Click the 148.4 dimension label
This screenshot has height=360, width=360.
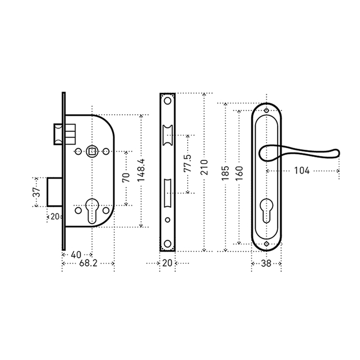(x=141, y=170)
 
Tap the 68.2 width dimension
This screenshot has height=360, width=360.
(x=88, y=263)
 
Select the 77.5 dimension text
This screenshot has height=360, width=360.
(x=188, y=163)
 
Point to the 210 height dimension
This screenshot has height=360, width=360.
(x=204, y=167)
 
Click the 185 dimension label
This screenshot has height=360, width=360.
(x=225, y=173)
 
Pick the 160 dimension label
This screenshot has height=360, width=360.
(x=239, y=173)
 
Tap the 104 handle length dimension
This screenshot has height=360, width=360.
(x=302, y=171)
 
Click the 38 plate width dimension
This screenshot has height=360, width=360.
(x=266, y=263)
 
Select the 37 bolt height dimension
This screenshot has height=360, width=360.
(x=37, y=192)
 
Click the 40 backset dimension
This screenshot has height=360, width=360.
(x=76, y=255)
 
